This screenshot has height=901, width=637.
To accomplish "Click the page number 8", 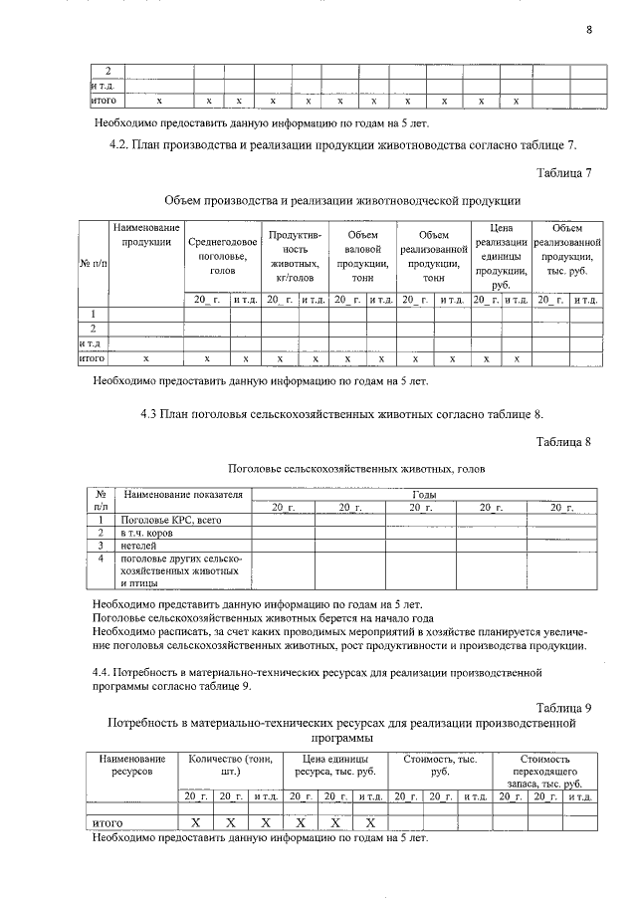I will (588, 29).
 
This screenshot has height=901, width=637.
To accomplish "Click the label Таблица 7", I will (563, 173).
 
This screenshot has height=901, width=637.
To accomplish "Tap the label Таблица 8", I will (563, 441).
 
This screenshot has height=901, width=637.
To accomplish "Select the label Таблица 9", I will (563, 708).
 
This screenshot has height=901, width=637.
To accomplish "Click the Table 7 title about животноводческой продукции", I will (342, 200).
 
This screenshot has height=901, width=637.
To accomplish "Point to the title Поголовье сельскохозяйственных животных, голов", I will (342, 469).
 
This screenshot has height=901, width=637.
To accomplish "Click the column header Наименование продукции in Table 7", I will (145, 235).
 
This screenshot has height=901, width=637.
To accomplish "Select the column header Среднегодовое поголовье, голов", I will (223, 256).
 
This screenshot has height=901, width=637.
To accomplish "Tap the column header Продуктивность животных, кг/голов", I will (296, 256).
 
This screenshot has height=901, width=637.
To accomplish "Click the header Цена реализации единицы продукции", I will (501, 256).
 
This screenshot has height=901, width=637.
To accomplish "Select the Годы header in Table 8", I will (423, 494).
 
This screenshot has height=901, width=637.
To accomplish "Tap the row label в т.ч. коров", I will (148, 533).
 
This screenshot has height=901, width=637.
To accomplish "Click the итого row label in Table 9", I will (106, 823).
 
